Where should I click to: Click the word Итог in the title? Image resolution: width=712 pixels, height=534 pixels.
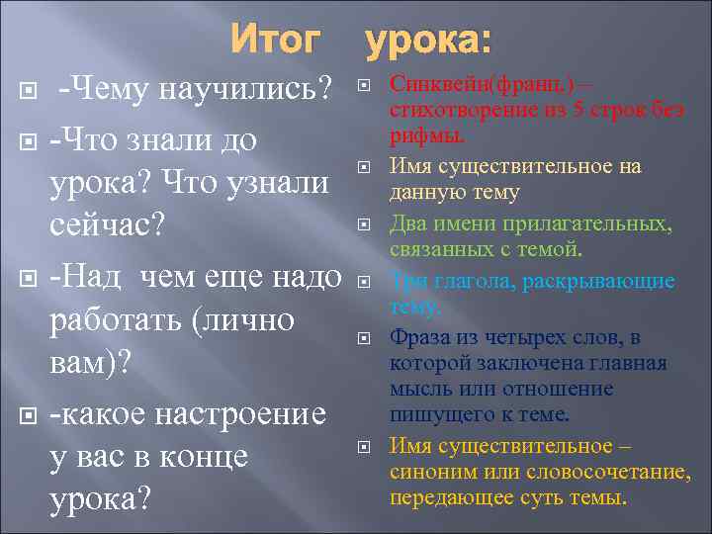pos(276,42)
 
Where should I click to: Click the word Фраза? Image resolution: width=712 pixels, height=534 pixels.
pos(418,339)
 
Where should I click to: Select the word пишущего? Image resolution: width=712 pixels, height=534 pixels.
pos(435,412)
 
